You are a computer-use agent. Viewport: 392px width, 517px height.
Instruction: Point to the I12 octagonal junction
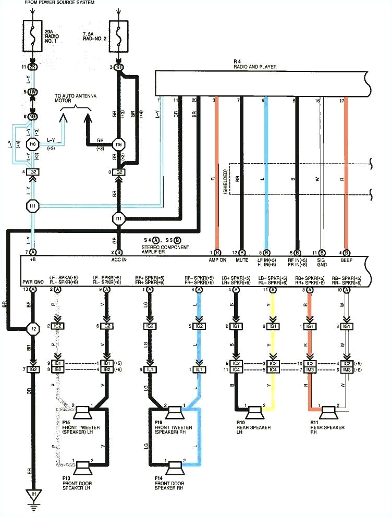point(33,329)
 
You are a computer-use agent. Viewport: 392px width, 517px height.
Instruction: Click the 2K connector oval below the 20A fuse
point(33,68)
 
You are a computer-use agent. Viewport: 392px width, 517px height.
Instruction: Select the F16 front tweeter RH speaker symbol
point(174,414)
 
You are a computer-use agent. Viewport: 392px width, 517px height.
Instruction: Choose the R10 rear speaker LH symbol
point(254,413)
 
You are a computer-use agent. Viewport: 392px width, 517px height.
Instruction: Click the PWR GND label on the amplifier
point(32,281)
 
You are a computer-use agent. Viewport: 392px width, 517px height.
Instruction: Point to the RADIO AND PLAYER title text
point(255,67)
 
